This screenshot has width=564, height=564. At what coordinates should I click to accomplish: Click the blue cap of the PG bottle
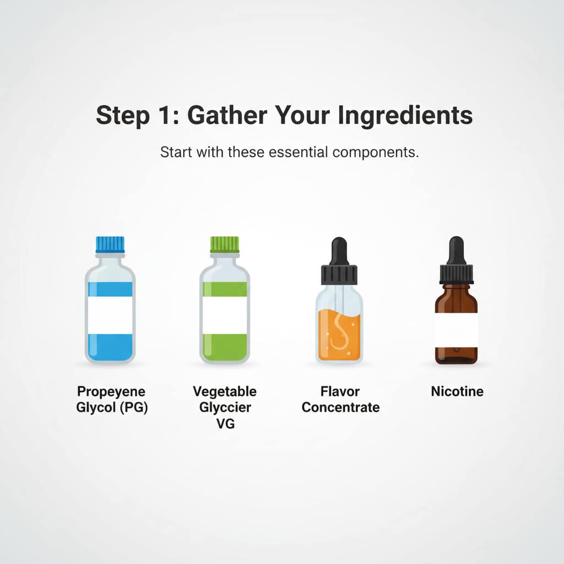point(110,245)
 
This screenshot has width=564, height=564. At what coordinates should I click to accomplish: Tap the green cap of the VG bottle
point(225,245)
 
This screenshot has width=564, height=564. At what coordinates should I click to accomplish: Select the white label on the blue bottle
point(110,315)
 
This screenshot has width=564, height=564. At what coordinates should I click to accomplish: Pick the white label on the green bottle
point(225,315)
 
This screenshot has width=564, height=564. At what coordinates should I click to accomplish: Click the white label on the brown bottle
point(455,329)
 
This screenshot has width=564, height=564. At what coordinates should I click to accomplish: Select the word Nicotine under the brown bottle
point(457,392)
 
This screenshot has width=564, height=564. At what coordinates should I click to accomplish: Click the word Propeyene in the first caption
point(112,392)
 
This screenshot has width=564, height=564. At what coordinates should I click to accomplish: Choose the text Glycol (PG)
point(112,408)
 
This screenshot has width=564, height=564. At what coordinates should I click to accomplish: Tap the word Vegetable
point(225,392)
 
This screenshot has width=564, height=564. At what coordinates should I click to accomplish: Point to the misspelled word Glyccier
point(225,408)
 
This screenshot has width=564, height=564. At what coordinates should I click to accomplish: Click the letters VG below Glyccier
point(225,424)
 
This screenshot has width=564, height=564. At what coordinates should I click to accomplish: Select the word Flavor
point(340,392)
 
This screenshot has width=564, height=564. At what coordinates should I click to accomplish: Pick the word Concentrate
point(340,408)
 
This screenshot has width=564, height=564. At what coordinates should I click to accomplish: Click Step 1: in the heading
point(138,116)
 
